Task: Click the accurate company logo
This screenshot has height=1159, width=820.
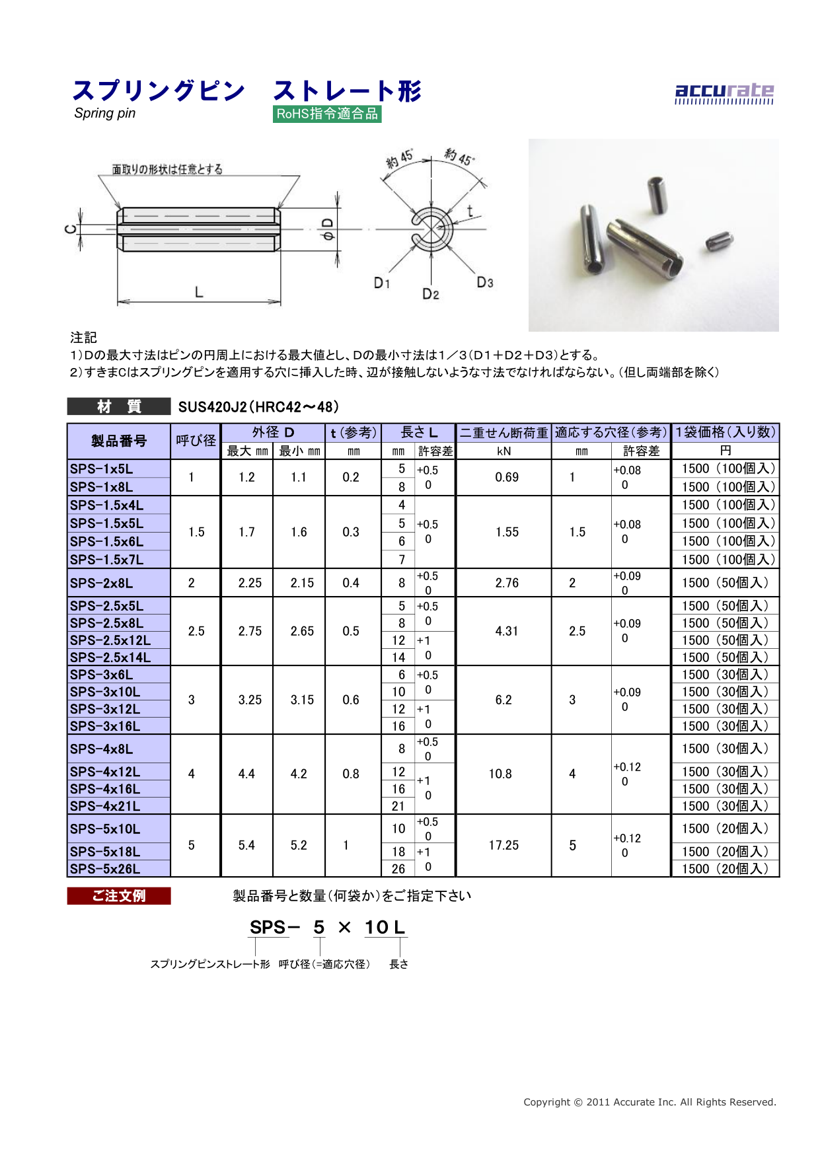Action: coord(724,93)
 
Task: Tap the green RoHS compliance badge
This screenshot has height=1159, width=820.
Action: coord(327,114)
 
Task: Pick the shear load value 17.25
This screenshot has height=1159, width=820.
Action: coord(503,845)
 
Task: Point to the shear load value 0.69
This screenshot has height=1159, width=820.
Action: coord(507,477)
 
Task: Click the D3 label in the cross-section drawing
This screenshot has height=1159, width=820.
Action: coord(484,283)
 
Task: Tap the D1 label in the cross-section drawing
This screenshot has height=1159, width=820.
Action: coord(382,283)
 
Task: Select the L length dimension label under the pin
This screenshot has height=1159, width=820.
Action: coord(198,292)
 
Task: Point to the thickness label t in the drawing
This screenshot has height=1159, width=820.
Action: coord(470,211)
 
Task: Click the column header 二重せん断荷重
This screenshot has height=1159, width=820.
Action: coord(503,433)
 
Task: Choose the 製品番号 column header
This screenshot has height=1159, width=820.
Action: coord(119,441)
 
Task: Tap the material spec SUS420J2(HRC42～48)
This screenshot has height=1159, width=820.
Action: coord(258,407)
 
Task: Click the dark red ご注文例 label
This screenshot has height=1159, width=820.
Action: coord(119,896)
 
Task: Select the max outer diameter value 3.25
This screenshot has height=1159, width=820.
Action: coord(250,700)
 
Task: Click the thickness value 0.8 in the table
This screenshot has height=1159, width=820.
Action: coord(351,774)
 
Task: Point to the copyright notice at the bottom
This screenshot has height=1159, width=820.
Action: coord(650,1102)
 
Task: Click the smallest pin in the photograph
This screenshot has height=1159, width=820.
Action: coord(719,240)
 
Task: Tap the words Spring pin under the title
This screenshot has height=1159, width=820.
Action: coord(105,114)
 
